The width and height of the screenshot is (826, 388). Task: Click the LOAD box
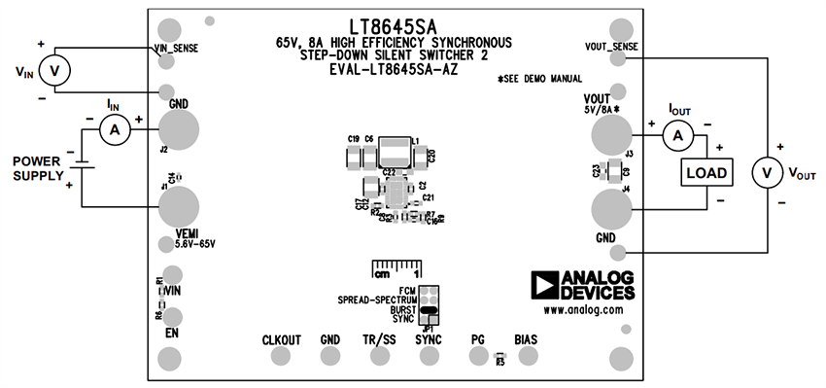click(706, 172)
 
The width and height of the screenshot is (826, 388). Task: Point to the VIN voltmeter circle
click(55, 70)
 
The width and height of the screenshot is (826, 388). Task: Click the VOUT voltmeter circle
click(767, 172)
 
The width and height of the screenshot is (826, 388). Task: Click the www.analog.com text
click(583, 310)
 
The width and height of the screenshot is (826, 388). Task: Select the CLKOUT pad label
click(282, 339)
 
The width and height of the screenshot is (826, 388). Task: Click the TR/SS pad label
click(380, 339)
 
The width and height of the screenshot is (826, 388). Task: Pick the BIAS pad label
click(526, 339)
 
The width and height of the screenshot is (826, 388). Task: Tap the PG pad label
click(477, 339)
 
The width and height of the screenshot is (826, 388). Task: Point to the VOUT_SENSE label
click(611, 46)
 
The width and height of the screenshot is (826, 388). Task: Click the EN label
click(170, 333)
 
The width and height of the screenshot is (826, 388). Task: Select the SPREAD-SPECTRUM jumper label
click(377, 300)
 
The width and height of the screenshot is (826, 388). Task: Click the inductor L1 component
click(395, 151)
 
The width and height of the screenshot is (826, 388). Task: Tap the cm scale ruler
click(396, 267)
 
